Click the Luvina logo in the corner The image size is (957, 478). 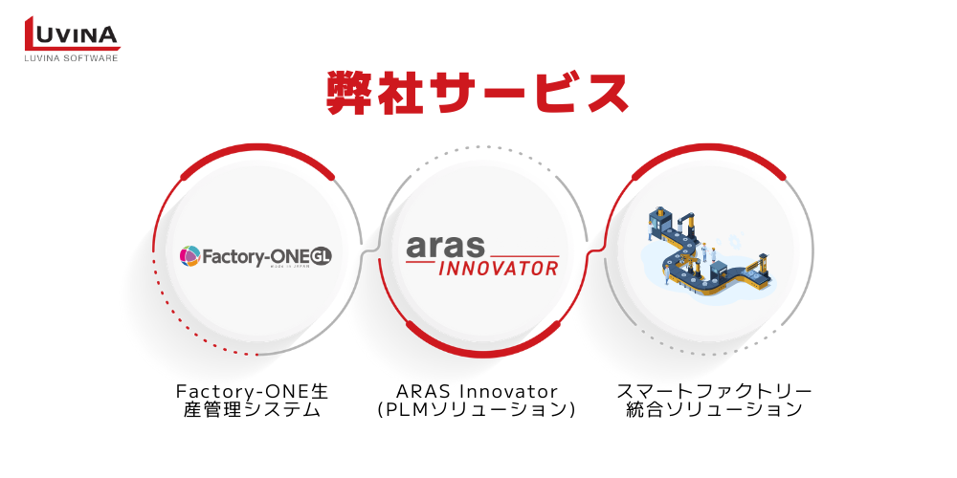(72, 38)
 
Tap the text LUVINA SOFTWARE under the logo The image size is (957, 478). (71, 58)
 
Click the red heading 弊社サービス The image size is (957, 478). (478, 93)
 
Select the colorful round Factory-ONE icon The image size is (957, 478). (189, 256)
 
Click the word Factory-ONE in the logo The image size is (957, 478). (242, 257)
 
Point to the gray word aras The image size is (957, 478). (445, 247)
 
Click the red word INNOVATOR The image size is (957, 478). (498, 269)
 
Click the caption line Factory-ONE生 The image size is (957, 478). (252, 390)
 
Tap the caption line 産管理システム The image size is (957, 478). (252, 410)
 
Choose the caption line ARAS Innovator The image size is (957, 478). (477, 390)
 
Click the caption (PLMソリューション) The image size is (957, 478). (477, 410)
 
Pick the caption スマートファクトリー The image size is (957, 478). (714, 390)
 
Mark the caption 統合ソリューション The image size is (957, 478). (714, 410)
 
